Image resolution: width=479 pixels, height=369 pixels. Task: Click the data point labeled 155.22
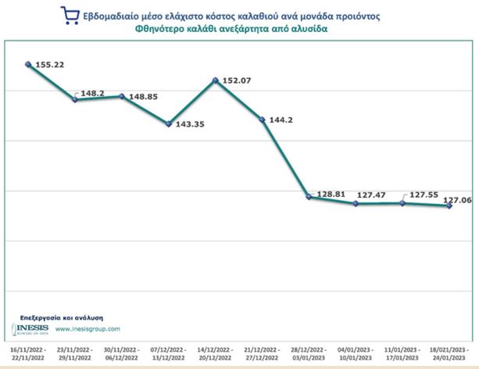pyautogui.click(x=28, y=64)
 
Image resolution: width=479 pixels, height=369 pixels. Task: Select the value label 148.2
pyautogui.click(x=92, y=93)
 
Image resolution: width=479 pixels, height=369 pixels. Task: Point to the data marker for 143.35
pyautogui.click(x=168, y=124)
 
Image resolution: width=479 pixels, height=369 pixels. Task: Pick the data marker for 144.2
pyautogui.click(x=262, y=120)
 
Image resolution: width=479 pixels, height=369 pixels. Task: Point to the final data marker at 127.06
pyautogui.click(x=449, y=206)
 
